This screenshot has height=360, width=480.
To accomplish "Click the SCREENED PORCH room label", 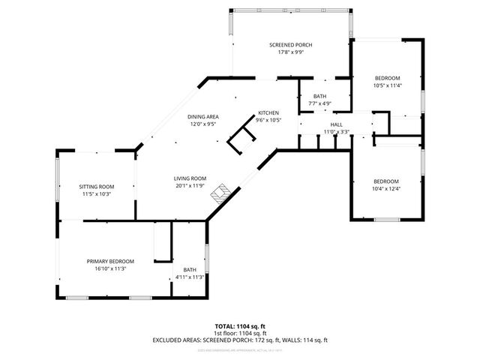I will (x=290, y=46).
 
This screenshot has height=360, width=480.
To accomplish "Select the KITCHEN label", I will (x=268, y=112).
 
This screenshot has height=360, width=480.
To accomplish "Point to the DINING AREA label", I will (x=202, y=117).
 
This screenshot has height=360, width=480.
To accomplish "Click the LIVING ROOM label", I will (x=189, y=178).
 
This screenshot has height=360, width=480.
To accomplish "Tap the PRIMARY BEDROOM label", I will (x=110, y=261).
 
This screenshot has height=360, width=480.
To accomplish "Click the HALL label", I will (x=336, y=124).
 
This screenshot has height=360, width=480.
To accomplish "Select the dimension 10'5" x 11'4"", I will (x=387, y=85).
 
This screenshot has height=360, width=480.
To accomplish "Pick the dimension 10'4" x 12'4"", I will (x=387, y=188).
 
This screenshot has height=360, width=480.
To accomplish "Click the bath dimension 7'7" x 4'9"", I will (x=320, y=103).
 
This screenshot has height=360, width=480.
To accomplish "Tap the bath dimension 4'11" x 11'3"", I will (x=190, y=277).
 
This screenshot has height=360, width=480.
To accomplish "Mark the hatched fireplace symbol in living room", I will (x=220, y=193).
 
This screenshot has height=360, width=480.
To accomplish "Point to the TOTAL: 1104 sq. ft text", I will (x=240, y=326).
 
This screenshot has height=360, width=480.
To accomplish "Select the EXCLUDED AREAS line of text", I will (x=240, y=340).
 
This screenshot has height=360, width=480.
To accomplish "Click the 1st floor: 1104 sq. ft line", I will (x=240, y=333).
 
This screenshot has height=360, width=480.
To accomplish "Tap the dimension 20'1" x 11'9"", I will (x=189, y=185).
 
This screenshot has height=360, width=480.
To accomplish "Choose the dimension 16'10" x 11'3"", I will (x=110, y=268).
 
